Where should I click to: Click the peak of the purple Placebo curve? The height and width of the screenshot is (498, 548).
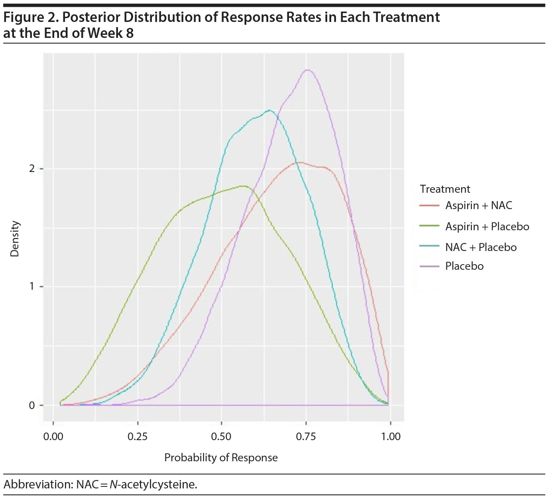[x=307, y=70]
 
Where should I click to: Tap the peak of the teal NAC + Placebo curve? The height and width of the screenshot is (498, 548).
[x=270, y=111]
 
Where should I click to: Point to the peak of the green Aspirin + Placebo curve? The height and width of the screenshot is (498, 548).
[x=243, y=186]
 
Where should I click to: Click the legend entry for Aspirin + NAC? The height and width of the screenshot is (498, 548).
[x=478, y=206]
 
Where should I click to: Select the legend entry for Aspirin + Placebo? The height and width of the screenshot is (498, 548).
[x=487, y=227]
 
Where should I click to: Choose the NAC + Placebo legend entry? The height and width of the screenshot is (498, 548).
[x=481, y=247]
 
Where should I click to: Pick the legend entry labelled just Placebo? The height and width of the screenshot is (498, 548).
[x=464, y=266]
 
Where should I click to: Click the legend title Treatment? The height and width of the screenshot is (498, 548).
[x=445, y=189]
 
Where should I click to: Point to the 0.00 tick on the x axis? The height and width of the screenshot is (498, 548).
[x=53, y=437]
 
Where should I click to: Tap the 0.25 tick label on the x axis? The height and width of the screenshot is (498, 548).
[x=137, y=437]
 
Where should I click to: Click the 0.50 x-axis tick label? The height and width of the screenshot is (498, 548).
[x=221, y=437]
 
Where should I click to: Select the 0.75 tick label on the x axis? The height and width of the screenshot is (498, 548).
[x=306, y=437]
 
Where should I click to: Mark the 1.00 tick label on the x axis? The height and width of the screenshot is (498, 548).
[x=391, y=437]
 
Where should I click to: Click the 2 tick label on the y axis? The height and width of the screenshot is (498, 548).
[x=32, y=168]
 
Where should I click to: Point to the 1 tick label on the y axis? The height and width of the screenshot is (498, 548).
[x=32, y=287]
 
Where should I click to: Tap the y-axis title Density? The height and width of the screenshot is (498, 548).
[x=15, y=239]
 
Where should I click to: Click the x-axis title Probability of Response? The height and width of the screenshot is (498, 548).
[x=221, y=458]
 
